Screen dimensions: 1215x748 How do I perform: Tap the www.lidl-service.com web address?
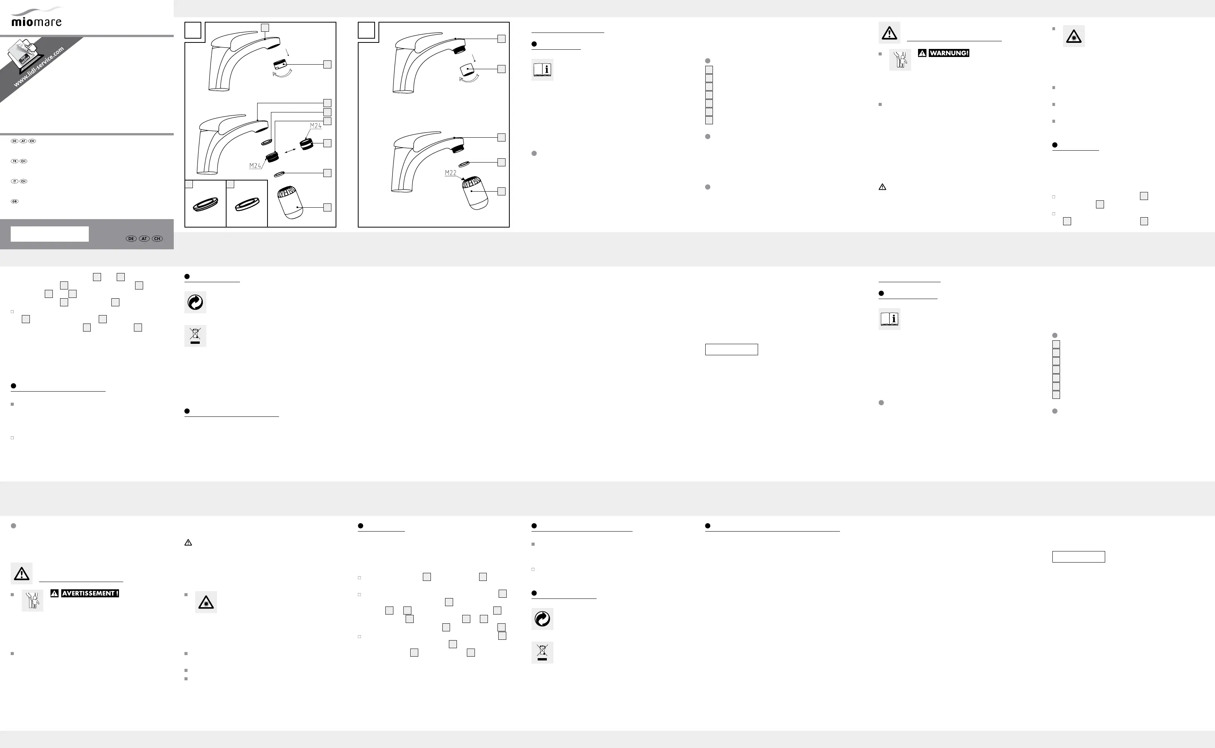tap(39, 67)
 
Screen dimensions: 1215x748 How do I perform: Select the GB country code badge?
tap(15, 202)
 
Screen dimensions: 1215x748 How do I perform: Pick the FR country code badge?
tap(15, 161)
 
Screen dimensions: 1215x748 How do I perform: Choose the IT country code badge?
tap(15, 181)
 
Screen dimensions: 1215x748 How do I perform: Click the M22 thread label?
tap(450, 172)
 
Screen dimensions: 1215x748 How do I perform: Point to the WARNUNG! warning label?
tap(949, 53)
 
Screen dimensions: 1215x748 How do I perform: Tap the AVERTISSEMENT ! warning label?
tap(90, 593)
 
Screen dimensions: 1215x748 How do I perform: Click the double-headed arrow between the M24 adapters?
tap(290, 150)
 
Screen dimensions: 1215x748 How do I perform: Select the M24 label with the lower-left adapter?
tap(255, 166)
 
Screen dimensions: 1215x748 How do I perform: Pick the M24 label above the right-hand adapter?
tap(315, 126)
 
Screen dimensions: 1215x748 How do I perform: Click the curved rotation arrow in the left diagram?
tap(282, 74)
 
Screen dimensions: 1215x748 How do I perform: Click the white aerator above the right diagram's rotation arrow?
tap(467, 70)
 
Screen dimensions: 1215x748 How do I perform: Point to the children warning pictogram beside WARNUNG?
tap(900, 60)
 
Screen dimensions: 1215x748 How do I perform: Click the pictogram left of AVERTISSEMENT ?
tap(33, 600)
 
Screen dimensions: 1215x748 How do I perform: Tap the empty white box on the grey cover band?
tap(49, 234)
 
